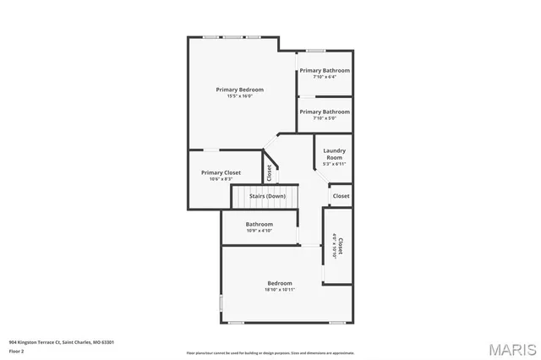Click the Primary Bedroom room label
coord(239,90)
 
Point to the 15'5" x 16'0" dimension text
coord(239,96)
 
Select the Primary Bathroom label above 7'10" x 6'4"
coord(325,70)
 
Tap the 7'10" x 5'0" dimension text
coord(325,118)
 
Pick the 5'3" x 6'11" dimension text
coord(334,164)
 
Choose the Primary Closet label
coord(221,172)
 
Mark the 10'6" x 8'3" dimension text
coord(221,179)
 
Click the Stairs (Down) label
coord(267,196)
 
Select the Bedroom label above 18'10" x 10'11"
coord(280,283)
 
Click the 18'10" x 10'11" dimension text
coord(280,290)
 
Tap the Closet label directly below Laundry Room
coord(341,196)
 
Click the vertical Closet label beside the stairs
coord(269,172)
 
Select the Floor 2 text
coord(17,351)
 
